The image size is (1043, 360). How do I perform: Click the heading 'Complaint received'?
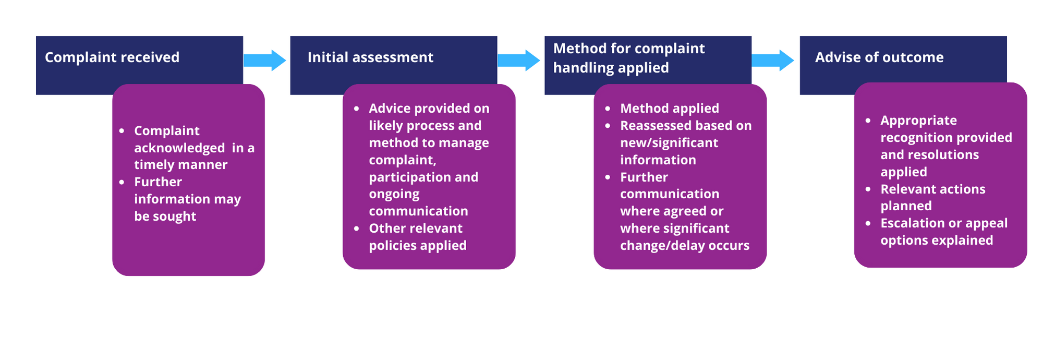coord(112,57)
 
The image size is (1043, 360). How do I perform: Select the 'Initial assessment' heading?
coord(370,57)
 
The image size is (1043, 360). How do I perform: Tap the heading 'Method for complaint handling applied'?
coord(629,58)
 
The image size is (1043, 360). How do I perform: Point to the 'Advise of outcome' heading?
coord(879,57)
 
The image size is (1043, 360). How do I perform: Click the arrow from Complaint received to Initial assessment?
coord(265,61)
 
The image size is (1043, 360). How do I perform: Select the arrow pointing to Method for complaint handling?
coord(519,61)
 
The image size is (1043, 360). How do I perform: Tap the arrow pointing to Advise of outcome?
coord(773,61)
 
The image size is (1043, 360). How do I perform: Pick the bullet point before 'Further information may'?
coord(122,182)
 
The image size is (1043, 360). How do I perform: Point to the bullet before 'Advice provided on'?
coord(357,109)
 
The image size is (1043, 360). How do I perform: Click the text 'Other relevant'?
coord(416,229)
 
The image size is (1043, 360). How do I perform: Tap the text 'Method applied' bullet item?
coord(670,109)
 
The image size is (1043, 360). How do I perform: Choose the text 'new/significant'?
coord(669,143)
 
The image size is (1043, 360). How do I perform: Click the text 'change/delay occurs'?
coord(685,246)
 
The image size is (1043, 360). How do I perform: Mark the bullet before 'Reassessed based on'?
coord(608,126)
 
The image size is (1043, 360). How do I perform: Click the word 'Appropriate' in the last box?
coord(919,121)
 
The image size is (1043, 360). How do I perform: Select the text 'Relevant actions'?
coord(933,189)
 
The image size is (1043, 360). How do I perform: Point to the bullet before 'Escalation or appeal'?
coord(868,223)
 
